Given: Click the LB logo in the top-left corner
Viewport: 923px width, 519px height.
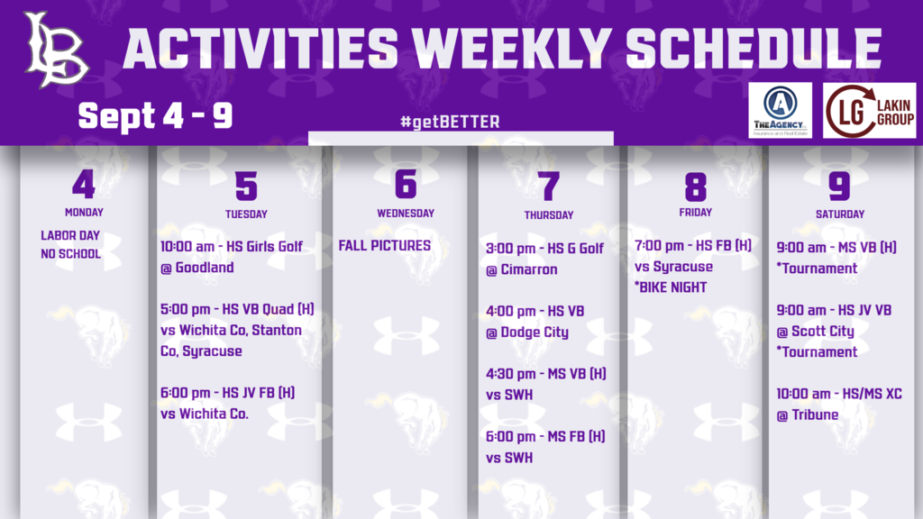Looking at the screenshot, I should (56, 50).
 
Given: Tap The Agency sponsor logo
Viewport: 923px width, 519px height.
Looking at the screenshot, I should (780, 111).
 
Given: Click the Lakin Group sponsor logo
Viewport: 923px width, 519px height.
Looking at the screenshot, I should (870, 111).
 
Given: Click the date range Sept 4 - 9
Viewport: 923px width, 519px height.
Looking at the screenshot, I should (155, 114).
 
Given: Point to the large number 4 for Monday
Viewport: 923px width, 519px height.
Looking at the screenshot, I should (83, 185).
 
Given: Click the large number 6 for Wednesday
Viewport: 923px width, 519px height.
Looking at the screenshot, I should (406, 185).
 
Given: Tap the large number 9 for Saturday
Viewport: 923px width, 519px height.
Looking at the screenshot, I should (839, 186).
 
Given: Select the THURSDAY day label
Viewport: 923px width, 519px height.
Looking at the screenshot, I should (549, 215).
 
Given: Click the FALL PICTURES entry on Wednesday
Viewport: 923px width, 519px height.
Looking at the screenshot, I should (385, 245).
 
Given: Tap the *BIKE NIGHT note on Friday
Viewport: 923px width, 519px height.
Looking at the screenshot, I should (671, 287).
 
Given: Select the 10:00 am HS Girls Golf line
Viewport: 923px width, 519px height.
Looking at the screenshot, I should (232, 247).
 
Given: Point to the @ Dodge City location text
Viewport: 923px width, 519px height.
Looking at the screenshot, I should (527, 332).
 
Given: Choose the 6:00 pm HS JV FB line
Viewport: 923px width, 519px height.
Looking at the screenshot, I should (227, 393).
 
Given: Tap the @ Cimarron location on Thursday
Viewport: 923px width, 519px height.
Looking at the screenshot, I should (522, 269).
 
